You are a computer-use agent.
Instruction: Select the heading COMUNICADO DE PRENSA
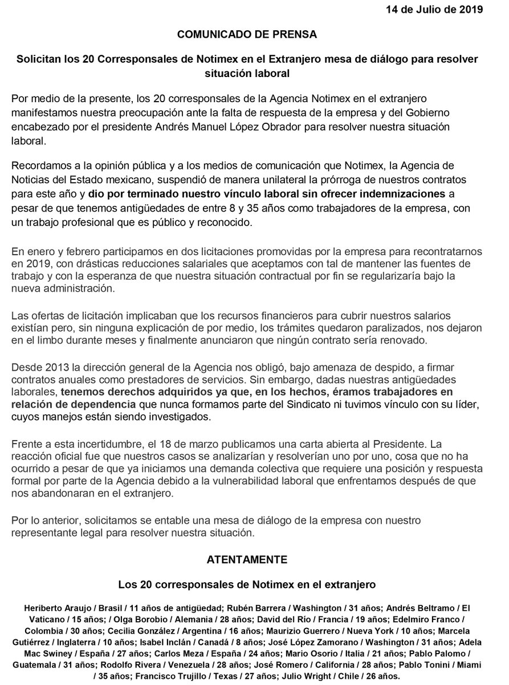[254, 34]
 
